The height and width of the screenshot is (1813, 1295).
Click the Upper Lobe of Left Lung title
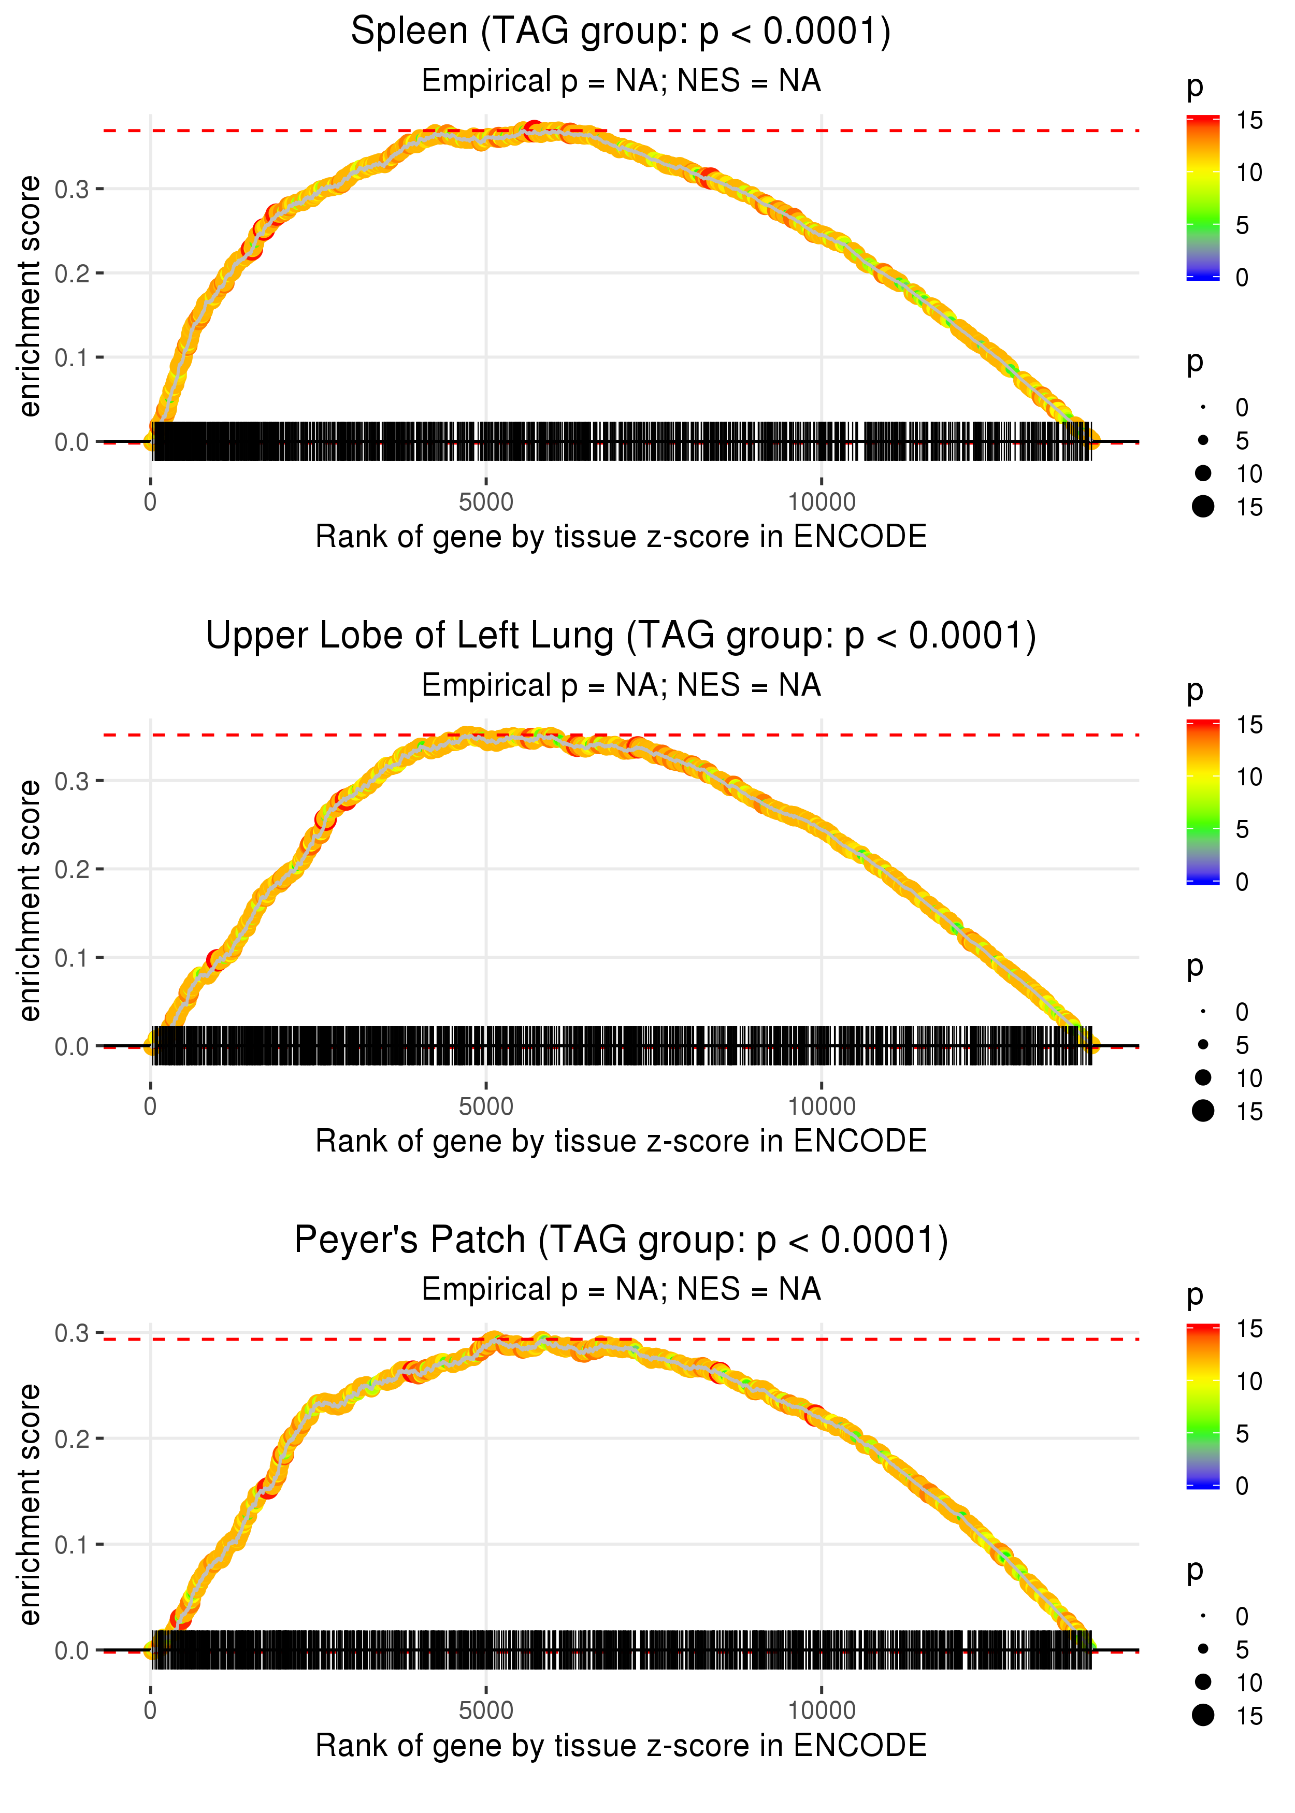[x=621, y=636]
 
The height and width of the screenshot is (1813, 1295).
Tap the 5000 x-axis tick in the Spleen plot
[x=486, y=502]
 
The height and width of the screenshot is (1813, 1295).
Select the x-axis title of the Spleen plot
[x=621, y=537]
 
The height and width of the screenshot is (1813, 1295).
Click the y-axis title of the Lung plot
[x=30, y=900]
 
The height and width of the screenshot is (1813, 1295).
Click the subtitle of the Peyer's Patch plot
[x=621, y=1289]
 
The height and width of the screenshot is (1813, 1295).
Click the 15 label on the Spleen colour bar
[x=1249, y=120]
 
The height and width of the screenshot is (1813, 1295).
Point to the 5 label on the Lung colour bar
[x=1242, y=829]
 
